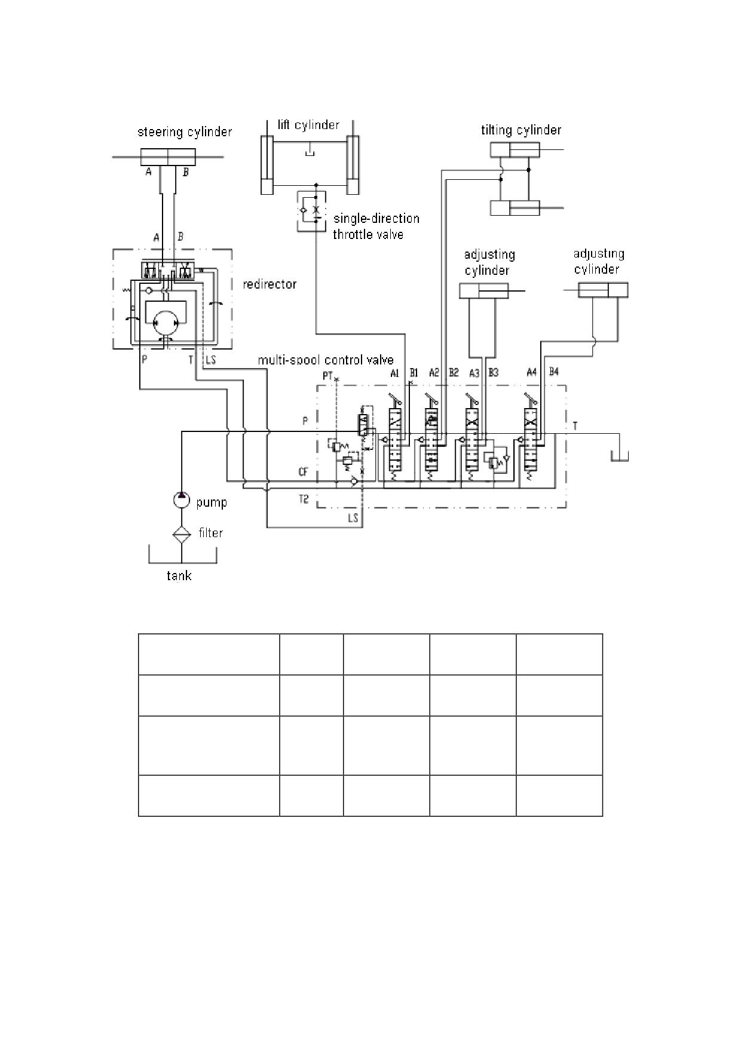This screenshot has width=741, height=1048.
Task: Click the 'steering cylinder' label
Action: point(185,132)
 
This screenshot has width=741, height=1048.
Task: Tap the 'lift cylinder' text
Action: point(308,125)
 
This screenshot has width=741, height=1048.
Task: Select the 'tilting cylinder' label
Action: point(521,130)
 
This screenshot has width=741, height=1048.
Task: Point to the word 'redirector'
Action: point(270,284)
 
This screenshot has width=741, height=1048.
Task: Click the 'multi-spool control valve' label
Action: point(326,360)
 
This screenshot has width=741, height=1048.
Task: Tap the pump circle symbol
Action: point(182,499)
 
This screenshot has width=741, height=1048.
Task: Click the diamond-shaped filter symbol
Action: point(182,533)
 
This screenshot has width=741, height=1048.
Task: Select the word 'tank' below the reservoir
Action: point(179,576)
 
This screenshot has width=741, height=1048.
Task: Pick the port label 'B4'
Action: point(553,372)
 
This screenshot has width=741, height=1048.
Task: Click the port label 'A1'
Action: point(394,373)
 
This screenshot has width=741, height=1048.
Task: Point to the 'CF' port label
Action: point(304,472)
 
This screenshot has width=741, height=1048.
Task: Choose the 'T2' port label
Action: point(304,499)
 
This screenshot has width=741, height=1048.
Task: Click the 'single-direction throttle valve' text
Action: point(376,226)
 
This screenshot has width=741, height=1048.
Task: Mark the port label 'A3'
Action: point(474,373)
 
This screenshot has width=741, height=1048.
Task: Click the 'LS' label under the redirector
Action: point(210,360)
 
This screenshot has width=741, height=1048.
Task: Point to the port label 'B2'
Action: point(454,372)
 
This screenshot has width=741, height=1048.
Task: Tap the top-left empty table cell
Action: point(209,654)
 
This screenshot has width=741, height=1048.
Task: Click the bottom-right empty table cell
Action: point(559,795)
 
